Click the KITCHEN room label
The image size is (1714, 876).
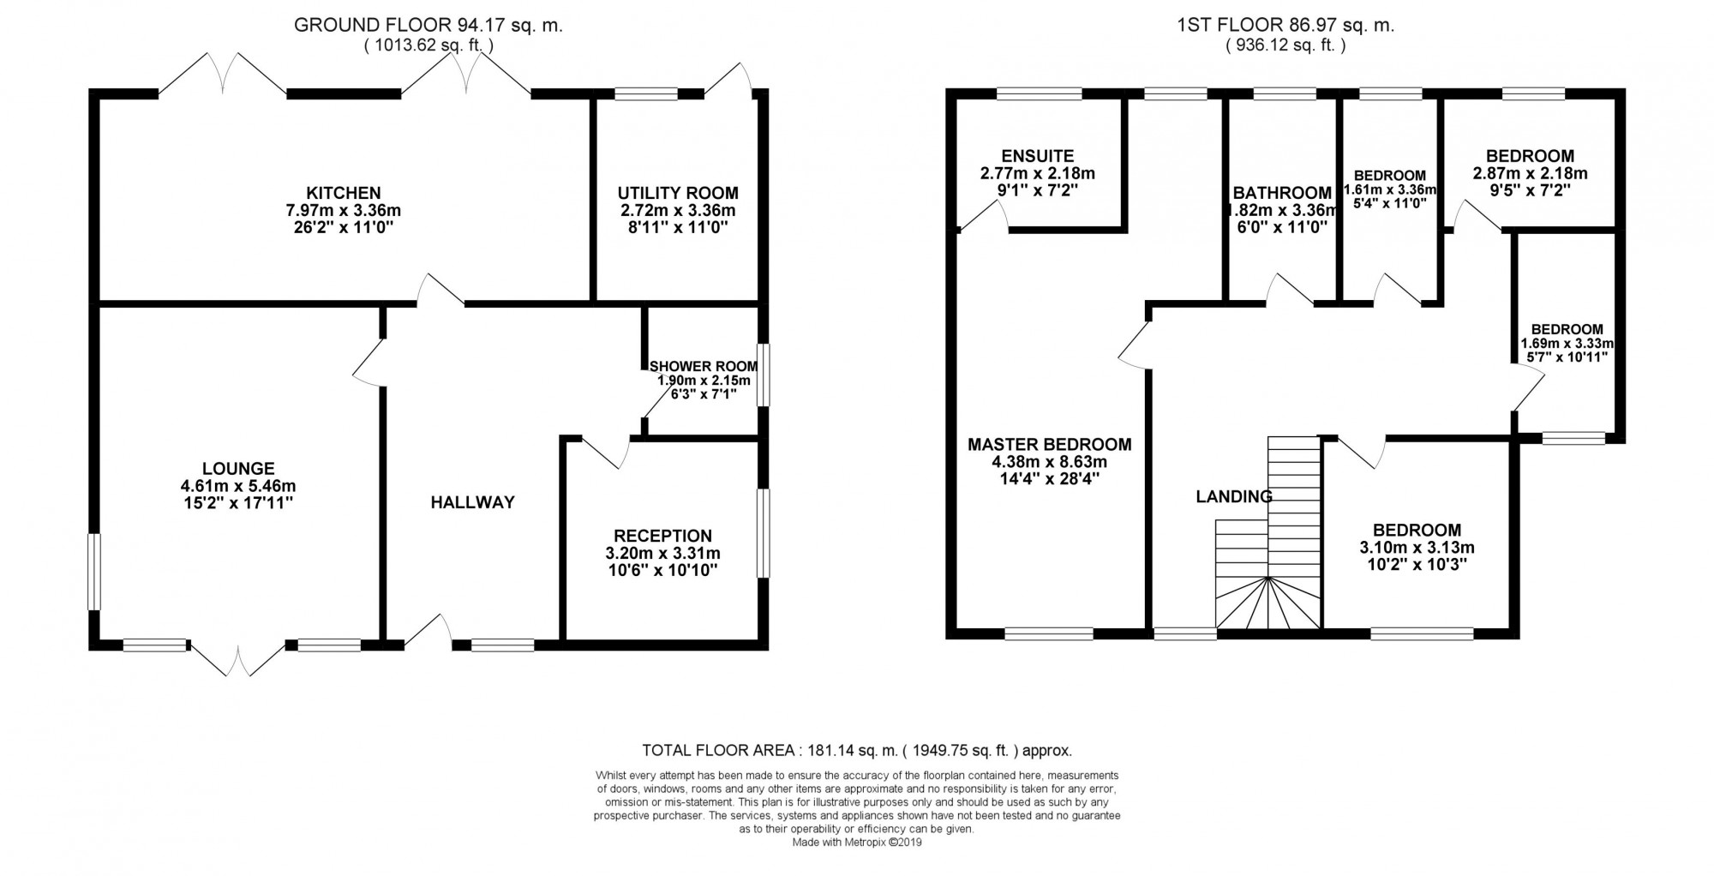[x=344, y=193]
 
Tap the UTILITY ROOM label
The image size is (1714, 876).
[x=677, y=193]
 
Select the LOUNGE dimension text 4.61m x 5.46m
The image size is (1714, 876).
[x=237, y=486]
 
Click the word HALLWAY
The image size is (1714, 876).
[x=472, y=502]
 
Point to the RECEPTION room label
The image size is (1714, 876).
[x=662, y=536]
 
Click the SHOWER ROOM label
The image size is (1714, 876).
[x=703, y=367]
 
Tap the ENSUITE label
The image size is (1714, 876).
[x=1037, y=156]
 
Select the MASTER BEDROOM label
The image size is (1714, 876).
[x=1049, y=444]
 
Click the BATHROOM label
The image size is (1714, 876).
[x=1282, y=193]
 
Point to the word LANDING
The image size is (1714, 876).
[x=1234, y=496]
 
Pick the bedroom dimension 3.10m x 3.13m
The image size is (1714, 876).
[x=1417, y=548]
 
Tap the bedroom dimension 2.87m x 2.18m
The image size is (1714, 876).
[x=1530, y=173]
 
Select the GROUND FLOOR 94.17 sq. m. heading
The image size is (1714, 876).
[x=428, y=25]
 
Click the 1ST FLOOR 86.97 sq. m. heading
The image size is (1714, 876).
[x=1285, y=25]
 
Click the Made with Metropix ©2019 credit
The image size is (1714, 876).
[x=857, y=843]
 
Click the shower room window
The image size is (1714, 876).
[x=763, y=374]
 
